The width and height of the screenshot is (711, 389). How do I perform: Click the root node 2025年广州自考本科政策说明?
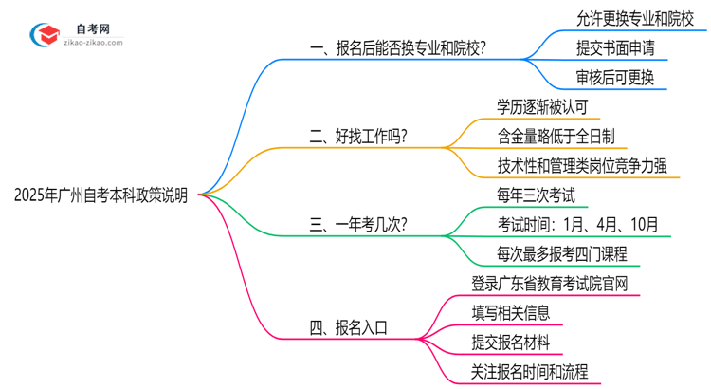[x=100, y=195]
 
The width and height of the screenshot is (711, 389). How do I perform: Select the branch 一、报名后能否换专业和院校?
[x=399, y=47]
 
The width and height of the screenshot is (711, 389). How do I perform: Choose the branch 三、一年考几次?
[x=359, y=225]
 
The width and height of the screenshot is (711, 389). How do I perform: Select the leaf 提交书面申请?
[x=614, y=47]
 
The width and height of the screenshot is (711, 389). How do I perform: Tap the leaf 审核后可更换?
[x=614, y=77]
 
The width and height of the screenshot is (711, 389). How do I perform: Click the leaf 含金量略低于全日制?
[x=561, y=136]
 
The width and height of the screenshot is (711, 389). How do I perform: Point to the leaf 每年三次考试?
[x=535, y=195]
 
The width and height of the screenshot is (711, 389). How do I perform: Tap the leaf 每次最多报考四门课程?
[x=561, y=254]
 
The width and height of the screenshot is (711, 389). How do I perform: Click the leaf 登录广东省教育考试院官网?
[x=549, y=284]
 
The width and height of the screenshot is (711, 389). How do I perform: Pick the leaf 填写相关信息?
[x=510, y=313]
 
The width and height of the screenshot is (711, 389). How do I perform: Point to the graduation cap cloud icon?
[x=46, y=36]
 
